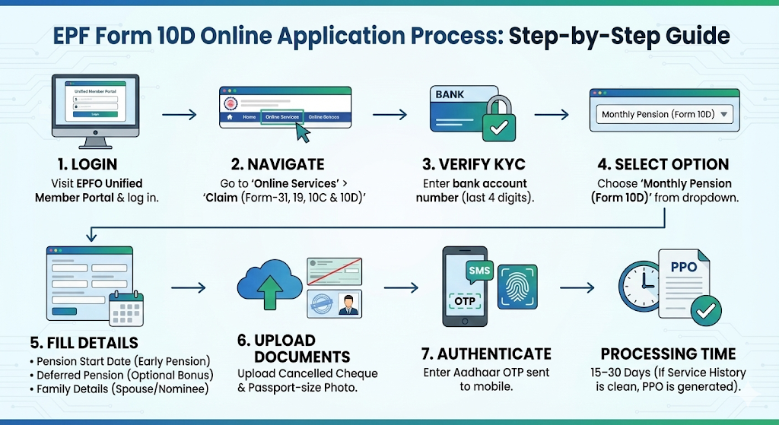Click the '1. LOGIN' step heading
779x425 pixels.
[x=88, y=164]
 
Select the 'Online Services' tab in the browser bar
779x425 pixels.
[x=281, y=117]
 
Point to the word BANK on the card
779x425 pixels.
[x=450, y=95]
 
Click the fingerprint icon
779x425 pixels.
[x=517, y=290]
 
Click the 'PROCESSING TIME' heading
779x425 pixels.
[x=668, y=354]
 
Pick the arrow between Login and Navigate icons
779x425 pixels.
[x=180, y=115]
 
